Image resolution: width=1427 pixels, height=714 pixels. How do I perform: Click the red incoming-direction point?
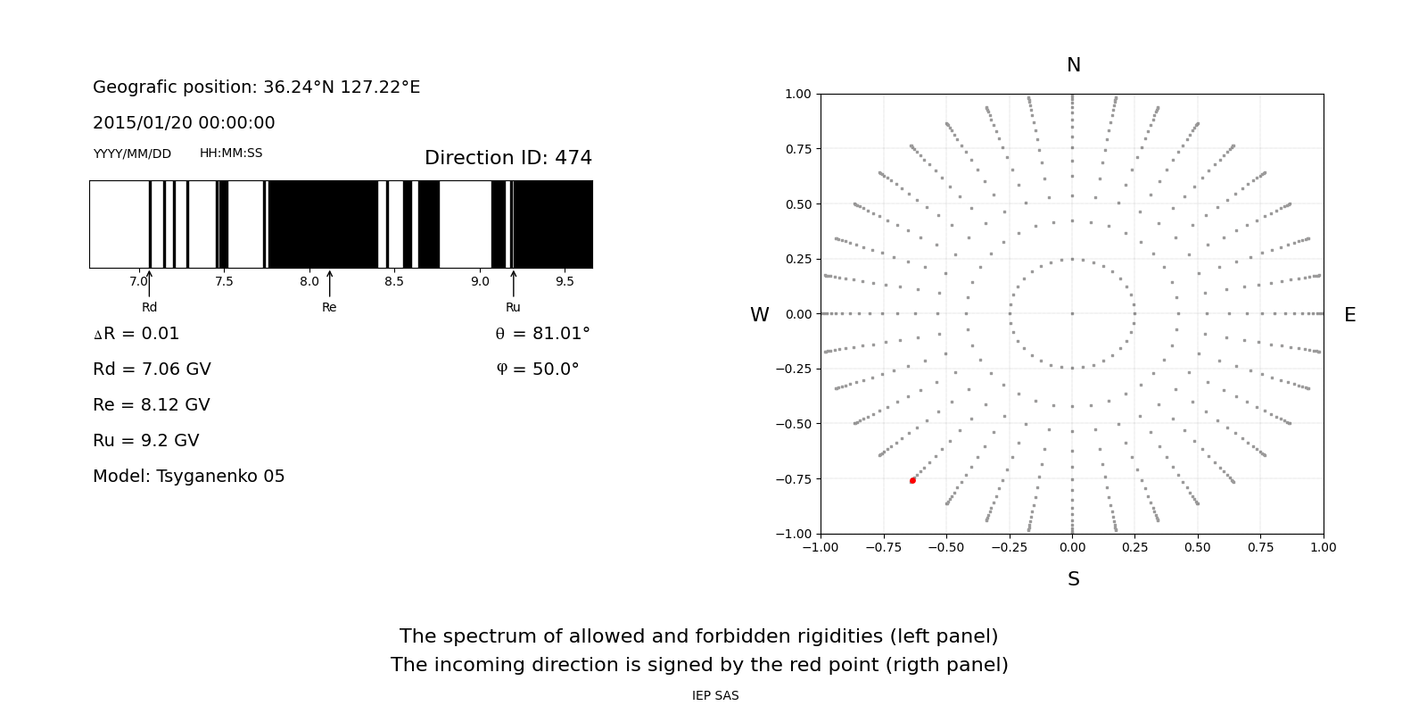click(912, 480)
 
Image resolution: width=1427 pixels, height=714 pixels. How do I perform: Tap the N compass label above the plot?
click(1074, 65)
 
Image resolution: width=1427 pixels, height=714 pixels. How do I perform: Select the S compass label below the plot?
click(1074, 579)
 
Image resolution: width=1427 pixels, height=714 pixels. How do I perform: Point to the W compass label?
click(759, 315)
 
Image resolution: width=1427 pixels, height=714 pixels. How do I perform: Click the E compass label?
click(1349, 315)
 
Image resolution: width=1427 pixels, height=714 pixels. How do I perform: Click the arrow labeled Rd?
click(149, 284)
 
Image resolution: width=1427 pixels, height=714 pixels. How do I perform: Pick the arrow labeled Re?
click(329, 284)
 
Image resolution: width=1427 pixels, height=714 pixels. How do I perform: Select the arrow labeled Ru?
click(513, 284)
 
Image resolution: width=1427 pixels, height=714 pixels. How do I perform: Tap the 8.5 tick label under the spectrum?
click(394, 281)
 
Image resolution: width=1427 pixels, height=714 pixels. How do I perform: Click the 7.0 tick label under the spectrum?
click(138, 281)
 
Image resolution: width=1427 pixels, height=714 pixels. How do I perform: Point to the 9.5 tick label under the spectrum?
click(565, 281)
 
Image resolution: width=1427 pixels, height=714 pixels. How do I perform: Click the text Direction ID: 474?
click(508, 158)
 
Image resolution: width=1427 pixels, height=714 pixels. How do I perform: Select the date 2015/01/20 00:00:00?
click(184, 123)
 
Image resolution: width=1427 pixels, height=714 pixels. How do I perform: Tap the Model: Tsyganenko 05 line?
click(189, 477)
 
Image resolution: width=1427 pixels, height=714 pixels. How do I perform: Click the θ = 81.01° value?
click(542, 334)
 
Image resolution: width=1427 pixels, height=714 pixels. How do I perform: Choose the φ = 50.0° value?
click(537, 369)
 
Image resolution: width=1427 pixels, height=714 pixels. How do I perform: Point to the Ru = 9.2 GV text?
click(146, 441)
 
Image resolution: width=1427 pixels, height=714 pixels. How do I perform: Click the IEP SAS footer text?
click(715, 695)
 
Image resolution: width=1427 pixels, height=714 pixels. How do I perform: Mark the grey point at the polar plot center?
click(1072, 313)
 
